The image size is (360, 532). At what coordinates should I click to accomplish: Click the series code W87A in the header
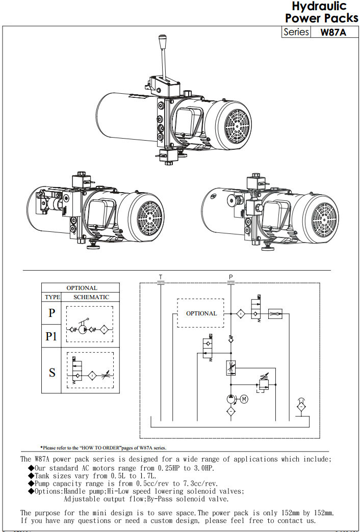tap(333, 32)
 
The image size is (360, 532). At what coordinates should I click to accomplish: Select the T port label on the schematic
tap(161, 277)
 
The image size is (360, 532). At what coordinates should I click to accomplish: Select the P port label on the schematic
tap(231, 277)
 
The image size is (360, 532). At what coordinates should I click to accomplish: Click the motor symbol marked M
tap(244, 399)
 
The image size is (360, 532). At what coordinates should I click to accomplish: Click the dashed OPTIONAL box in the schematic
tap(200, 313)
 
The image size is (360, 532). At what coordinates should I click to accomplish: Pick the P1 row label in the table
tap(52, 336)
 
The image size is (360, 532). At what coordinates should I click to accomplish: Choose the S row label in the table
tap(52, 373)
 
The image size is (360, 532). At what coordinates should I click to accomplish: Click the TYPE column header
tap(52, 297)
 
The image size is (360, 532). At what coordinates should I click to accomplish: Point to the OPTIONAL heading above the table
tap(82, 288)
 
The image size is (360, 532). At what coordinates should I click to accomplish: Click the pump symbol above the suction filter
tap(231, 399)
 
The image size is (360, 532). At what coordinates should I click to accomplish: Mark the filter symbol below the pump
tap(231, 411)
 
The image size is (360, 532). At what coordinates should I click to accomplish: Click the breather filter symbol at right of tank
tap(301, 406)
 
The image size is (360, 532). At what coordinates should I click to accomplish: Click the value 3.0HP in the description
tap(203, 468)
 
